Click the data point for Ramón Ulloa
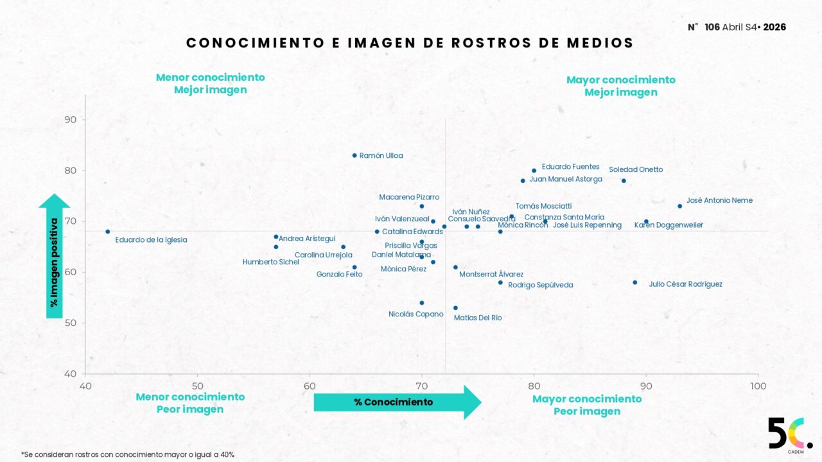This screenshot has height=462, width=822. (x=354, y=155)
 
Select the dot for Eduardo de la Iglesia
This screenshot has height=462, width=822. (x=108, y=232)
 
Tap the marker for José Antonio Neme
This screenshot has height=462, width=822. (x=679, y=206)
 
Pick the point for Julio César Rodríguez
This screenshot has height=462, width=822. (x=635, y=282)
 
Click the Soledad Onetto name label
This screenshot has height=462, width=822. (x=636, y=170)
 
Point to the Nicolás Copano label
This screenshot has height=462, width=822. (x=416, y=314)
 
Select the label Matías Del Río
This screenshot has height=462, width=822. (x=478, y=318)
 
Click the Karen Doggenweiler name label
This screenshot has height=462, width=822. (x=669, y=225)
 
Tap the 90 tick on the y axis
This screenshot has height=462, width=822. (x=70, y=120)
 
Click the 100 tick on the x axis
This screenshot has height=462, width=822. (x=758, y=386)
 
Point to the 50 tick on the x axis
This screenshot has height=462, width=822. (x=197, y=386)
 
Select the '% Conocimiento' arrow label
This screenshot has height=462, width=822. (x=394, y=402)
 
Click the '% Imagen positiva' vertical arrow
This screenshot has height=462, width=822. (x=55, y=257)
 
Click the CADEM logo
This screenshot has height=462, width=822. (x=789, y=435)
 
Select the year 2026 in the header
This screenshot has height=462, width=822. (x=774, y=27)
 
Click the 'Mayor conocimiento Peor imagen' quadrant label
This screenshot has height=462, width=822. (x=587, y=405)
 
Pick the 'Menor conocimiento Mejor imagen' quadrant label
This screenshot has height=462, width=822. (x=210, y=83)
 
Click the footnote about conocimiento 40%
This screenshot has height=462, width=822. (x=128, y=454)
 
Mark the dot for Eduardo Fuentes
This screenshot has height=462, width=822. (x=534, y=171)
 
